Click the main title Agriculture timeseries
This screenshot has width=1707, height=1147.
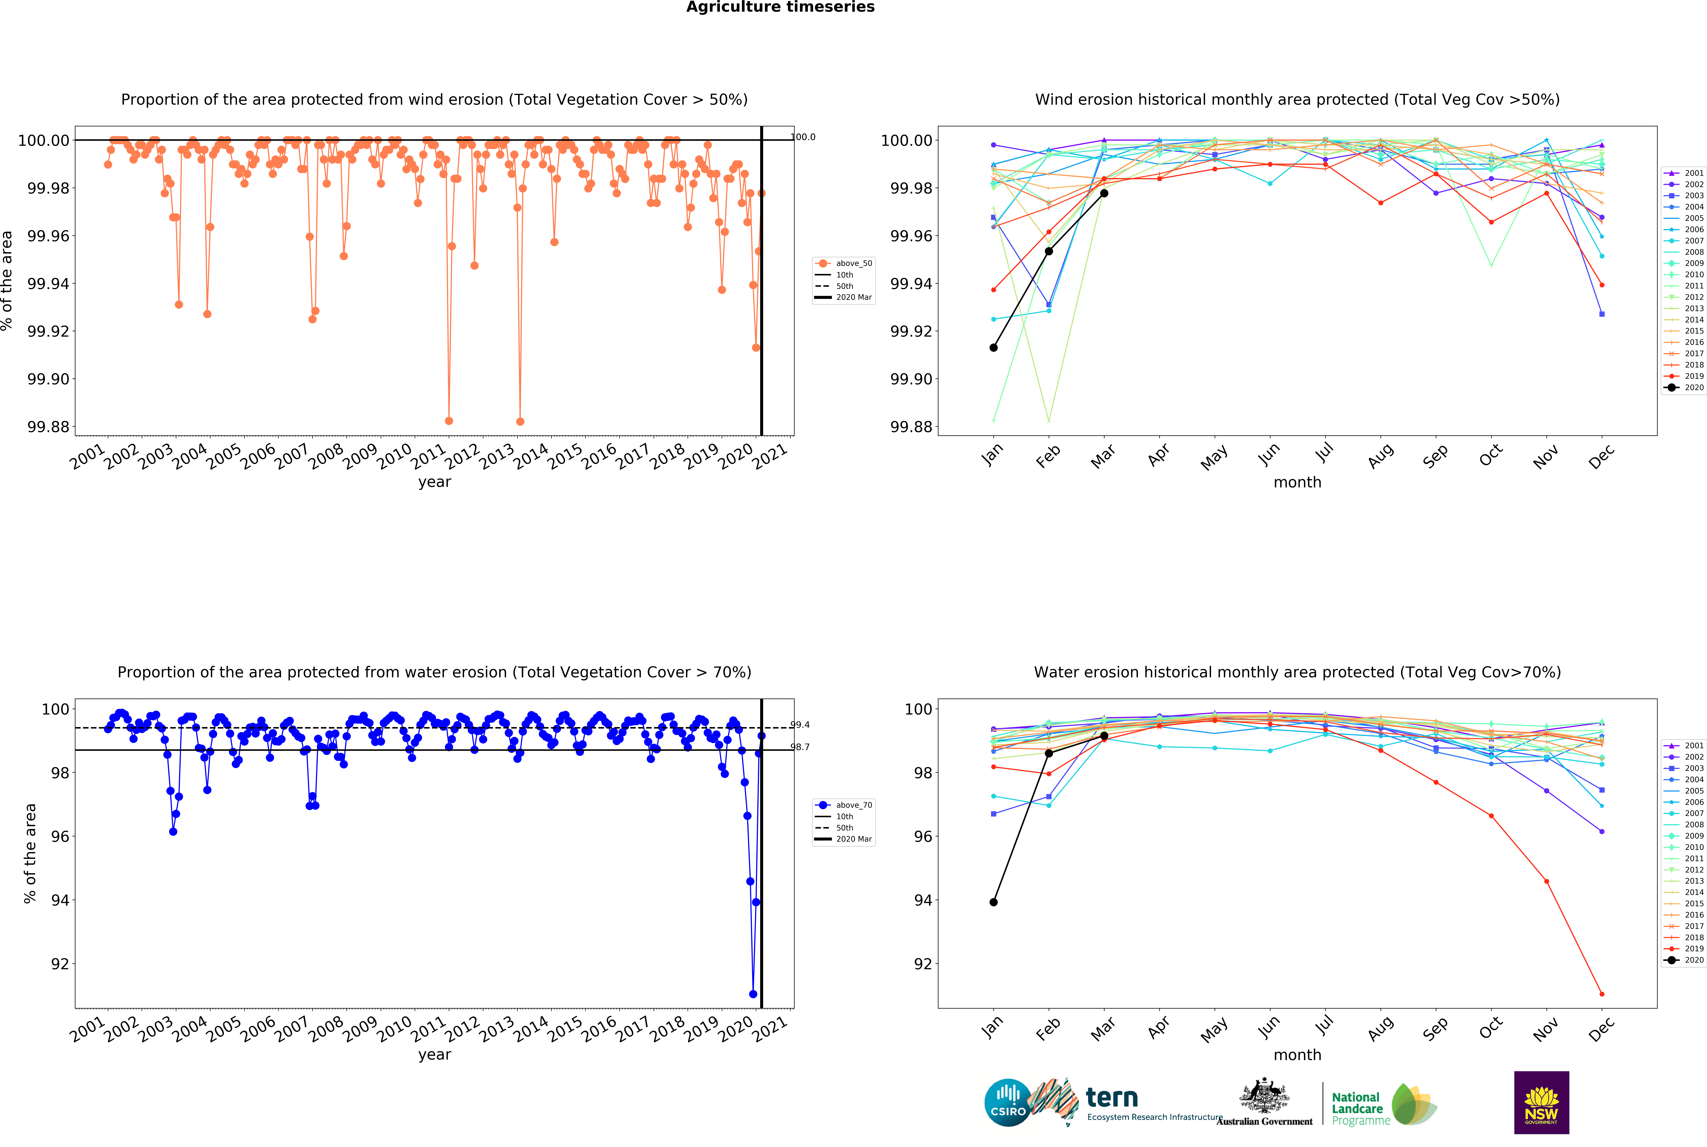[780, 7]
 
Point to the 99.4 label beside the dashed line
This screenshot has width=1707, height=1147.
[800, 725]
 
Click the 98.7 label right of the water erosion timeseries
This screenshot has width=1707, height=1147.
[800, 747]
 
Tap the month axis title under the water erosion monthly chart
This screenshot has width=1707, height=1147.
[1297, 1055]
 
